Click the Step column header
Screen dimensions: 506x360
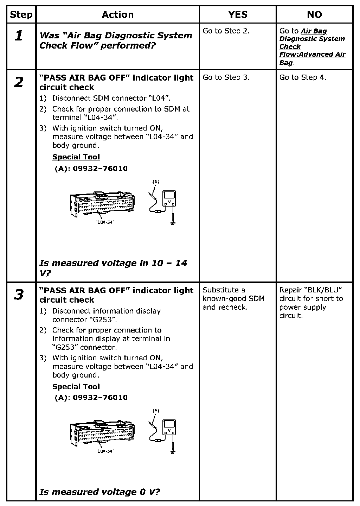(21, 15)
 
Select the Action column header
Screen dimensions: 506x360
(118, 15)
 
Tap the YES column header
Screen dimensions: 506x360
(238, 15)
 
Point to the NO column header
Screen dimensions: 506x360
(314, 15)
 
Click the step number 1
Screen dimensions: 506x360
(19, 36)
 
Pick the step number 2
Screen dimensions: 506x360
(19, 82)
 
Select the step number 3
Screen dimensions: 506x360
(19, 295)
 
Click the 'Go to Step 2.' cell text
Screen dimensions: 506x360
(226, 31)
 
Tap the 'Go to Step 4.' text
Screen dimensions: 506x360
(303, 77)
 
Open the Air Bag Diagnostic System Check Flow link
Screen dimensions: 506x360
(312, 47)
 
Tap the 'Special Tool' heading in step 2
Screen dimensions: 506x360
(76, 157)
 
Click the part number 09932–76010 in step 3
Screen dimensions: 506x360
(100, 398)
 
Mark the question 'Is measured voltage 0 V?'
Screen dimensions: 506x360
(99, 492)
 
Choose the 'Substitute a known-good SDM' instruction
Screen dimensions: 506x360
(233, 298)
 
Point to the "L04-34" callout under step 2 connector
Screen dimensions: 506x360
(105, 222)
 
